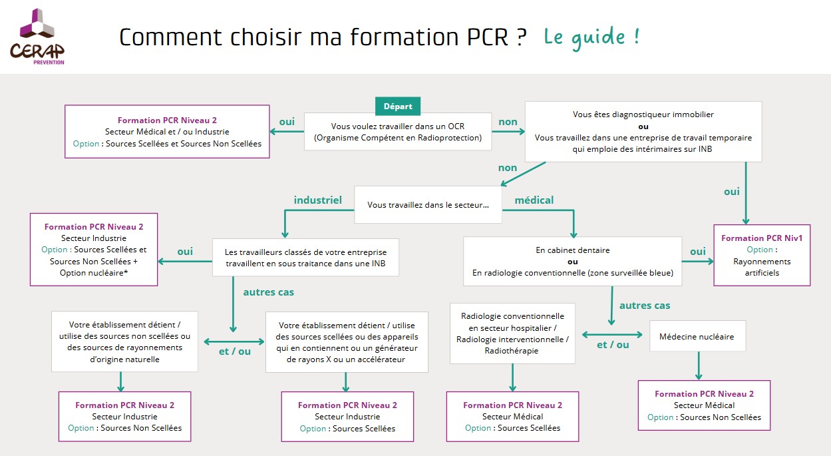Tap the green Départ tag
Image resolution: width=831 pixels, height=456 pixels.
pyautogui.click(x=398, y=106)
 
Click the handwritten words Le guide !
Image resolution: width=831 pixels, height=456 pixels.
pyautogui.click(x=591, y=37)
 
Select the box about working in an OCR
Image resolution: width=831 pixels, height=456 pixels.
pyautogui.click(x=398, y=132)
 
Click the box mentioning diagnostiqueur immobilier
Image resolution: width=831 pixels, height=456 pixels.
pyautogui.click(x=643, y=132)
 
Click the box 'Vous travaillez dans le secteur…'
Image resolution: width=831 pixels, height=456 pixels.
pyautogui.click(x=428, y=206)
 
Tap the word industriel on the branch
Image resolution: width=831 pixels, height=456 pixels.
pyautogui.click(x=317, y=200)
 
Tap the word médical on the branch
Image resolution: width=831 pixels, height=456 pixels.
pyautogui.click(x=534, y=200)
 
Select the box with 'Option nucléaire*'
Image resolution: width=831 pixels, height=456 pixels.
pyautogui.click(x=94, y=250)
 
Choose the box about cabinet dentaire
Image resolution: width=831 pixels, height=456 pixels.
pyautogui.click(x=572, y=261)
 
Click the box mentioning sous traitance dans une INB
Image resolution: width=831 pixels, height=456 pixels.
pyautogui.click(x=305, y=258)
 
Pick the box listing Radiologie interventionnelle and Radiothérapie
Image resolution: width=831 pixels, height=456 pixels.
pyautogui.click(x=512, y=334)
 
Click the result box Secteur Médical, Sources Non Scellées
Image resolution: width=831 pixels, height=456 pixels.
pyautogui.click(x=704, y=405)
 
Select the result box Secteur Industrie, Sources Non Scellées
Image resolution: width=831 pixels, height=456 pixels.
pyautogui.click(x=125, y=416)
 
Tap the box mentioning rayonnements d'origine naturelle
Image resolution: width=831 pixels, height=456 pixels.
pyautogui.click(x=124, y=342)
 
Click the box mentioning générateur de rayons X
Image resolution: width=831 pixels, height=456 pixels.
pyautogui.click(x=347, y=342)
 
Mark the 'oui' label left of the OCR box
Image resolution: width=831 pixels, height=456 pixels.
pyautogui.click(x=287, y=122)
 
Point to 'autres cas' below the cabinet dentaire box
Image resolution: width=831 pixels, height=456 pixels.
pyautogui.click(x=644, y=306)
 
